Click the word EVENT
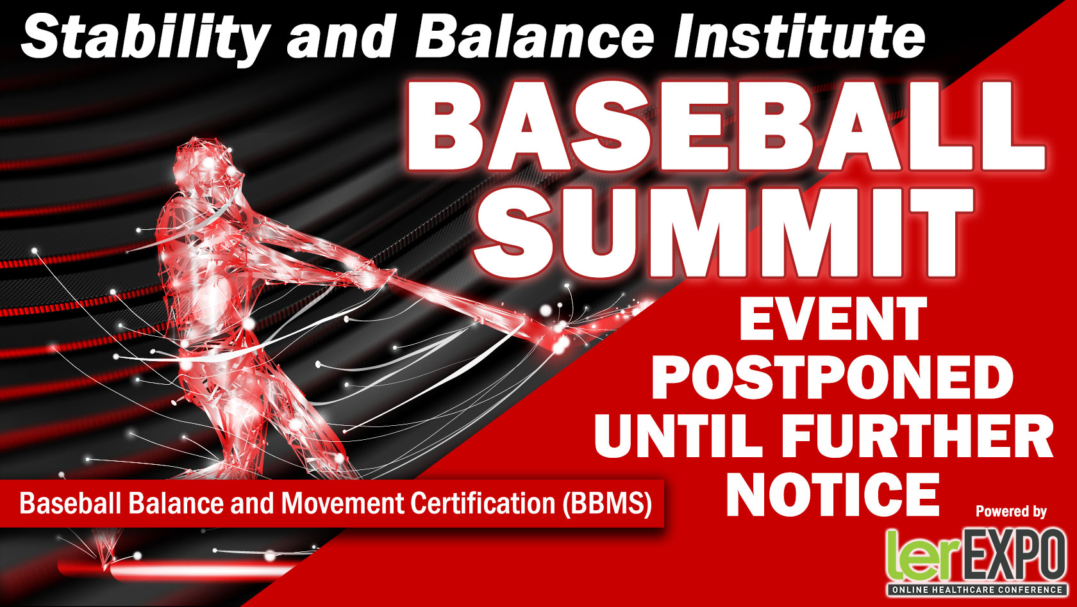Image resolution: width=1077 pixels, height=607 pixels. coord(833,318)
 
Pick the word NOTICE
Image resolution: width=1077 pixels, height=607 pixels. coord(833,494)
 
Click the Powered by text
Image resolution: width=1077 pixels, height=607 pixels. coord(1011,512)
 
